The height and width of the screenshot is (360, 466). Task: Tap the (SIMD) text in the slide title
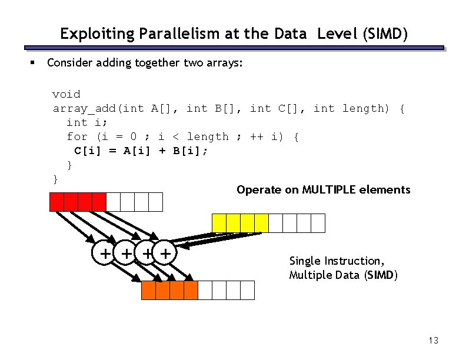click(x=386, y=34)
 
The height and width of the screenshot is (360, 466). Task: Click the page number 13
click(x=434, y=340)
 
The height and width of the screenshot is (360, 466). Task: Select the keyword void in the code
click(x=66, y=94)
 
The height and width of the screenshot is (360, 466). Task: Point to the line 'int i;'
click(x=85, y=122)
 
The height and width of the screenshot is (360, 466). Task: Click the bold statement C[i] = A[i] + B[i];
click(x=141, y=151)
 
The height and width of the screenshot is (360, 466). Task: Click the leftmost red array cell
click(x=56, y=202)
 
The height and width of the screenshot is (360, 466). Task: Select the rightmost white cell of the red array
click(x=155, y=202)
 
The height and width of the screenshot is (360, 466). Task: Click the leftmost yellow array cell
click(x=219, y=223)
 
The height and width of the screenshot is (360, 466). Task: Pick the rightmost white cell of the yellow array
click(x=318, y=223)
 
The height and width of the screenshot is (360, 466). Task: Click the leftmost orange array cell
click(x=148, y=291)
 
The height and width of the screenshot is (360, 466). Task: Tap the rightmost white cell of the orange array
click(x=247, y=291)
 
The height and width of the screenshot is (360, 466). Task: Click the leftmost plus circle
click(x=105, y=254)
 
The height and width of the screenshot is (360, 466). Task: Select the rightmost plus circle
click(x=167, y=254)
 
